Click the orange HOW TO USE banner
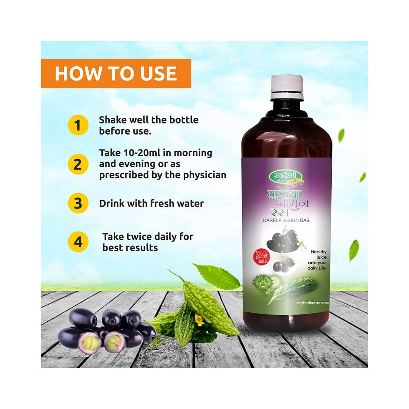(x=116, y=74)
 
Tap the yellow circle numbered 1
(x=78, y=125)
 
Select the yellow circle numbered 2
(x=78, y=164)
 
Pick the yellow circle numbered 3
(x=78, y=203)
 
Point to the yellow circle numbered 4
(x=78, y=242)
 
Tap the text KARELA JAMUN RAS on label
(x=286, y=221)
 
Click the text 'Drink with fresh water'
(x=151, y=203)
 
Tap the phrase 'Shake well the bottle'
(x=148, y=120)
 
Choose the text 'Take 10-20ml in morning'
(x=155, y=153)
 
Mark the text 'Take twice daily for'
(x=148, y=236)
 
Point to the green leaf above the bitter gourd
(x=217, y=277)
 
